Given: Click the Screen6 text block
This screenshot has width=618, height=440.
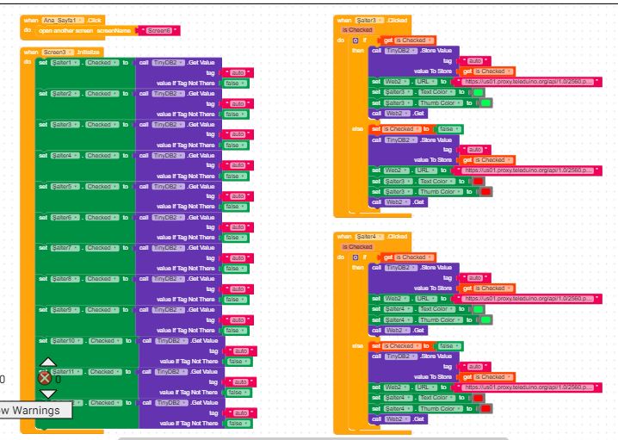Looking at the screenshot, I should point(158,31).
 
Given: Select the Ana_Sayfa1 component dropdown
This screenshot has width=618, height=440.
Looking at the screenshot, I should point(65,21).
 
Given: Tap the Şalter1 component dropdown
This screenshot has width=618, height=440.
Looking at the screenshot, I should point(66,63).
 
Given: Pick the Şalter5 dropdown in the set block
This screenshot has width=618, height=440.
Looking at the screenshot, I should point(66,186).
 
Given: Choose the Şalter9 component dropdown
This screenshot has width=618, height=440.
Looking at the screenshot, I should point(66,310).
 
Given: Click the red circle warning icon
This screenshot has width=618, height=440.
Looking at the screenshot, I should point(45,377).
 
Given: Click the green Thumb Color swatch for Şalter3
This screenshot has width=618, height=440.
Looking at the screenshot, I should point(486,103).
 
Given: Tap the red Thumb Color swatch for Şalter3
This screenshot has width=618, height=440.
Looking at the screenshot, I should point(486,192).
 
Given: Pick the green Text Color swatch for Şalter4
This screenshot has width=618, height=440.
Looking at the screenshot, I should point(479,309).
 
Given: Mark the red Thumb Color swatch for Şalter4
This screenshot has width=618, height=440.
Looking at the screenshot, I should point(486,408).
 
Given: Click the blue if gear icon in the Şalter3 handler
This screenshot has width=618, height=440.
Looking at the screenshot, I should point(355,40).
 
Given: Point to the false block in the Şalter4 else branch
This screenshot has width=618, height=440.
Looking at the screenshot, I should point(448,346).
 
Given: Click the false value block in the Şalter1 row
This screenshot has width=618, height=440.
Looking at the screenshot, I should point(232,84).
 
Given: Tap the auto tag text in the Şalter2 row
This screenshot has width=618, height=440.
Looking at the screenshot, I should point(238,103).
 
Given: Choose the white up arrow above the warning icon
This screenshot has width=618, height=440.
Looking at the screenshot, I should point(48,363).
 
